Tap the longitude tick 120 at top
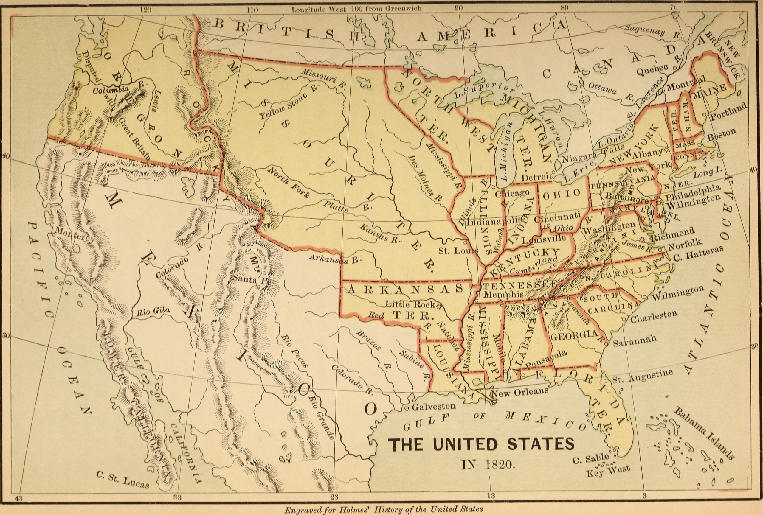tap(145, 10)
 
